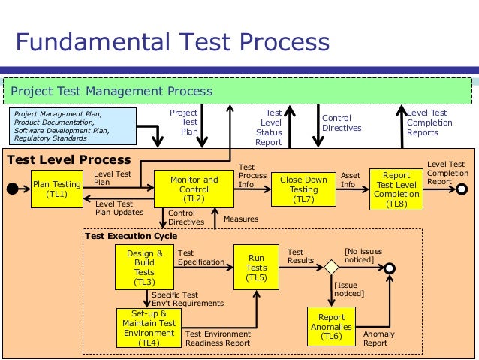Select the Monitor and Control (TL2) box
coord(194,189)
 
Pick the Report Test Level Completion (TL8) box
coord(396,189)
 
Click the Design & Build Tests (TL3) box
coord(144,268)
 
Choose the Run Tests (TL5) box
coord(257,268)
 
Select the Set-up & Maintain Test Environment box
coord(149,328)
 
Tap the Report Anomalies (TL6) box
coord(332,326)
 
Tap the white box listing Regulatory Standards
coord(72,126)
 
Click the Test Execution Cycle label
coord(131,236)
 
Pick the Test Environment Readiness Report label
coord(218,338)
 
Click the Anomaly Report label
coord(375,338)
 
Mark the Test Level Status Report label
coord(269,127)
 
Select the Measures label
coord(241,219)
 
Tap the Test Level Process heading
coord(69,160)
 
